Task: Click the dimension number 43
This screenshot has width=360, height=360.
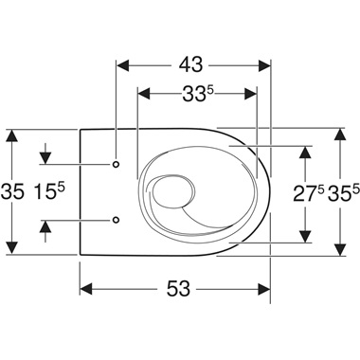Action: (190, 65)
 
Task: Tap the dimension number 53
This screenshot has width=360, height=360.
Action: (178, 288)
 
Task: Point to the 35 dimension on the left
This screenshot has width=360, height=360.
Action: (12, 192)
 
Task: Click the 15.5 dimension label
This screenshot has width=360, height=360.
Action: (49, 191)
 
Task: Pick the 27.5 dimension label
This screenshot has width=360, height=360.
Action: (309, 193)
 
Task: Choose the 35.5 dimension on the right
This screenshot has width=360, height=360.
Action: (344, 193)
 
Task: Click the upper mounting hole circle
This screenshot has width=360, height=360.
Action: (117, 164)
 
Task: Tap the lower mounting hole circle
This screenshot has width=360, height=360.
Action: (117, 220)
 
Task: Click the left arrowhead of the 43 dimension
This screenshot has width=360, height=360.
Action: (123, 65)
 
